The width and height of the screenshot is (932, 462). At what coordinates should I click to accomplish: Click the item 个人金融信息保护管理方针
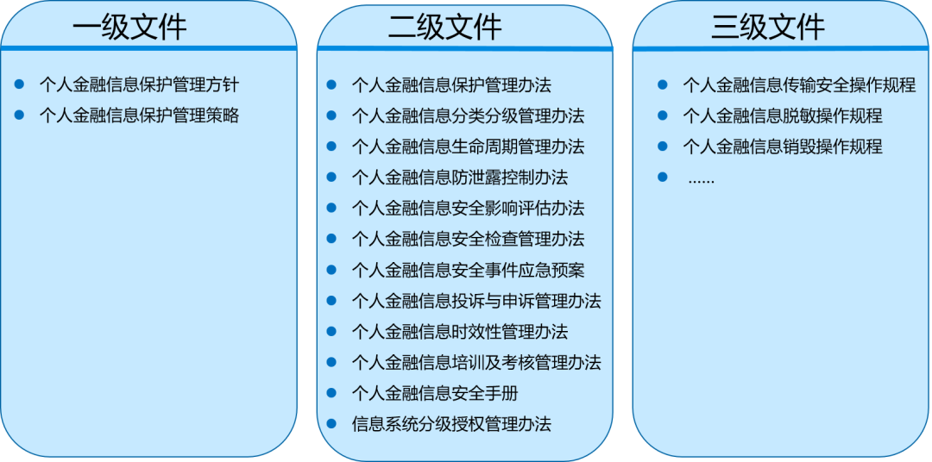click(x=139, y=84)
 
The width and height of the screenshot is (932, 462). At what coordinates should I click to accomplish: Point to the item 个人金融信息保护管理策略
click(x=139, y=115)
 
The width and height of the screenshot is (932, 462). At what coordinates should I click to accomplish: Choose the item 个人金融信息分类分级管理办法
click(x=468, y=115)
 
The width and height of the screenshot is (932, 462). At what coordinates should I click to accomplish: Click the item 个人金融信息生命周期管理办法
click(x=468, y=147)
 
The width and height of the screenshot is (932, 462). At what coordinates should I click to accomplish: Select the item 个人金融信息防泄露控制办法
click(x=459, y=178)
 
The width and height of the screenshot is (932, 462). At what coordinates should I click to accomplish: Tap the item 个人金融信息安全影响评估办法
click(x=468, y=208)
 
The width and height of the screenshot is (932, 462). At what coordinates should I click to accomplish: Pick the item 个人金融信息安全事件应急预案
click(x=468, y=270)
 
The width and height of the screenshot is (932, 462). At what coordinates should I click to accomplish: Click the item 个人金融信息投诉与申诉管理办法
click(x=476, y=301)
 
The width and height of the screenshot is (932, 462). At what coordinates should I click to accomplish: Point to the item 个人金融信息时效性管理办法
click(x=459, y=332)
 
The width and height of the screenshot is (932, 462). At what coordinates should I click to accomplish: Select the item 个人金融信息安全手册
click(x=435, y=393)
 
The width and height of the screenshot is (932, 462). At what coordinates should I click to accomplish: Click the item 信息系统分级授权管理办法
click(x=451, y=424)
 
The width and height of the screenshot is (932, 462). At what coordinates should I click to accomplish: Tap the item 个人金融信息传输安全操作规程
click(x=799, y=84)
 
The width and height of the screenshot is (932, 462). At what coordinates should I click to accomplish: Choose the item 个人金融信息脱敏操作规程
click(x=783, y=115)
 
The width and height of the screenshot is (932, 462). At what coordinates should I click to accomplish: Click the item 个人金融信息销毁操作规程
click(x=783, y=147)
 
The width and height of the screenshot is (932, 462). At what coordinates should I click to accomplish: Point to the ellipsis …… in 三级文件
click(x=701, y=179)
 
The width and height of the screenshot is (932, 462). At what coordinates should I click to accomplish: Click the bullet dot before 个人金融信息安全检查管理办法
click(x=331, y=239)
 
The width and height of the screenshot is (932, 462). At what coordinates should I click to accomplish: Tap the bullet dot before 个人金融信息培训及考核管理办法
click(x=331, y=362)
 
